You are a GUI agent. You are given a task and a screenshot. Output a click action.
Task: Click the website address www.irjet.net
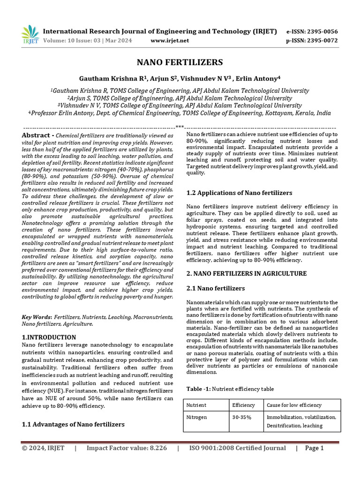[170, 41]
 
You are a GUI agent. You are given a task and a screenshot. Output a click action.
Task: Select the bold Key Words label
[37, 317]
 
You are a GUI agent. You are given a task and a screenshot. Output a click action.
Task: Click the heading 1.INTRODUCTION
[49, 337]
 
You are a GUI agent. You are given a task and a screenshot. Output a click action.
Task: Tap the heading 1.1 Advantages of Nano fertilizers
[74, 424]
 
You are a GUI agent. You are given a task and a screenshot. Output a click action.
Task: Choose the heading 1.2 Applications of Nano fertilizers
[239, 193]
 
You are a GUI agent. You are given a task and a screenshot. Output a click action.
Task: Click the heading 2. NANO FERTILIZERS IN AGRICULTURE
[247, 273]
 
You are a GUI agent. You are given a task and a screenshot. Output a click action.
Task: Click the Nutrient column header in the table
[196, 405]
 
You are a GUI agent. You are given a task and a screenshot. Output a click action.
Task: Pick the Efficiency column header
[243, 405]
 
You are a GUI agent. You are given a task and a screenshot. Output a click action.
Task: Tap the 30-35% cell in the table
[242, 417]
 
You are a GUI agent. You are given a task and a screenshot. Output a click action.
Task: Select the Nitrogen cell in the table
[197, 417]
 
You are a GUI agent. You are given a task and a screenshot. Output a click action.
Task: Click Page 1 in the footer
[315, 448]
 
